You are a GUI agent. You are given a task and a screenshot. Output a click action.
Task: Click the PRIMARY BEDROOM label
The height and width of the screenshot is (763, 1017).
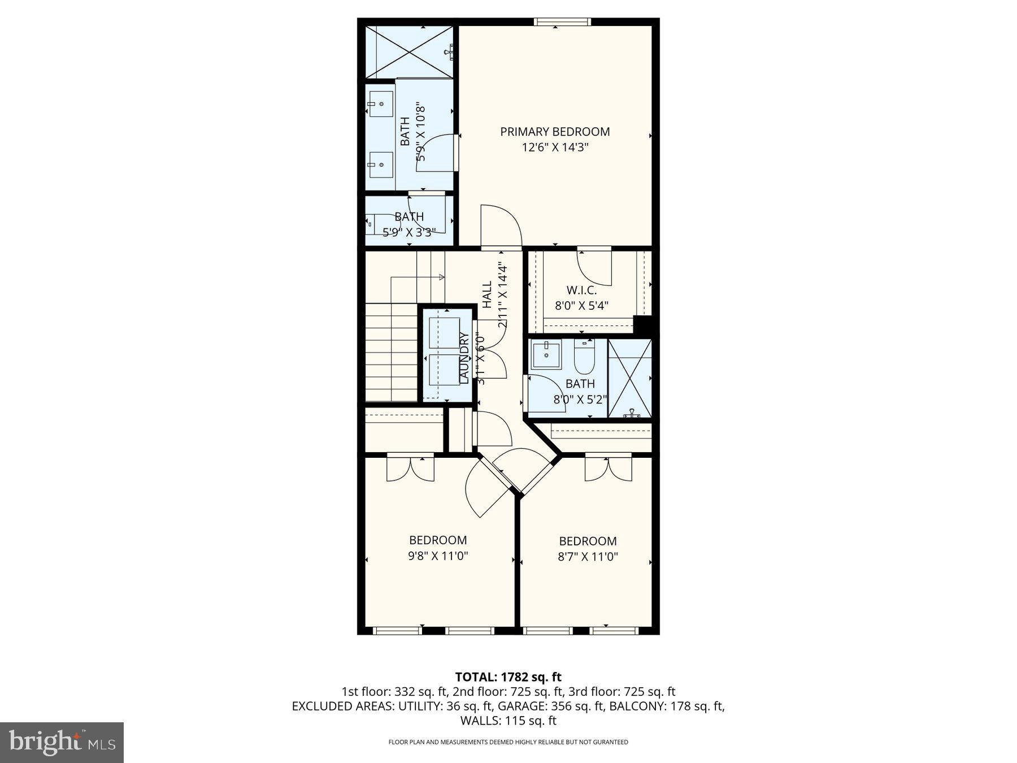[555, 132]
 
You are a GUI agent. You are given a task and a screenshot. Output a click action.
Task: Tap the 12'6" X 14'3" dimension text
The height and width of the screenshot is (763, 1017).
[555, 148]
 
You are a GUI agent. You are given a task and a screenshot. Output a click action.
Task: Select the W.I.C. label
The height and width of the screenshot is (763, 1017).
[581, 290]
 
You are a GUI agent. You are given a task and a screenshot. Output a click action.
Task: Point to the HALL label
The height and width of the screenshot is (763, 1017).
[487, 294]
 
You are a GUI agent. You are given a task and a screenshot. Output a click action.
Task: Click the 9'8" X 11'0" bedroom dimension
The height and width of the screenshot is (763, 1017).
[438, 556]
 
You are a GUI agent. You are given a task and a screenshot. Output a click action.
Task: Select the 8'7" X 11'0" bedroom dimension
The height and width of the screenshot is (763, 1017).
[588, 556]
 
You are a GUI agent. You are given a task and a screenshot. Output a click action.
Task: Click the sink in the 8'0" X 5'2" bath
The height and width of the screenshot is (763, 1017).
[546, 356]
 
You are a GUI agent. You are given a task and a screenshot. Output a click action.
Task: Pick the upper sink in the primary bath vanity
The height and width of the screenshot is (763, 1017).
[381, 104]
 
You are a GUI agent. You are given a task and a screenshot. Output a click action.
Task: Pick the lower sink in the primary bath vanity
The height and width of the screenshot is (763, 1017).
[381, 164]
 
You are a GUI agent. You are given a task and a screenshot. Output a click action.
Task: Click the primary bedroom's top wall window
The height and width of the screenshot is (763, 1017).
[562, 22]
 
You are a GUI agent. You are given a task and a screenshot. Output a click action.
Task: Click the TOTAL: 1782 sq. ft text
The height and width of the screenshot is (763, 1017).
[508, 677]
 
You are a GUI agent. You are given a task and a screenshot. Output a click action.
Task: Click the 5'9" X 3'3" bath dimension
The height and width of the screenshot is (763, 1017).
[409, 232]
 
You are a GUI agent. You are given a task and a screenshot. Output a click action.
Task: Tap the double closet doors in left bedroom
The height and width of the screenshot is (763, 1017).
[411, 468]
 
